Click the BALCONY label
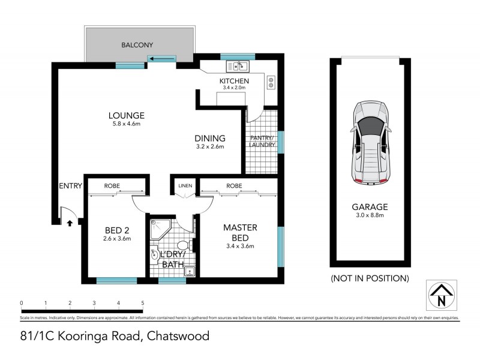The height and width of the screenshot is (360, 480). [137, 45]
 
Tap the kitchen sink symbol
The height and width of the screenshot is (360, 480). [237, 66]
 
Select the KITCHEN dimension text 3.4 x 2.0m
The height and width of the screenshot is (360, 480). [234, 88]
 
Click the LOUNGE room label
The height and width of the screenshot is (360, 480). [127, 115]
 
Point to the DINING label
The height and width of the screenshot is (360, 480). [209, 137]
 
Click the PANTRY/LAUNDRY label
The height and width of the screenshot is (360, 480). [263, 141]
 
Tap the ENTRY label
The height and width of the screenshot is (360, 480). [70, 186]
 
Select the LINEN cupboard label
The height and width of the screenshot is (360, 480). [185, 186]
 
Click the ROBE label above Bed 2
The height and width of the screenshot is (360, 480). [112, 186]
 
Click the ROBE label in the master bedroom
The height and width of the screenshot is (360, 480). [235, 186]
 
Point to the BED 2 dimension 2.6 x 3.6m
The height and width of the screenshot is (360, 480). [118, 239]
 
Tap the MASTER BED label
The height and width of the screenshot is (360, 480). [240, 232]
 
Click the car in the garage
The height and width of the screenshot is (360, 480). [371, 142]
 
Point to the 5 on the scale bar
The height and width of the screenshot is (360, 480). [143, 303]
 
